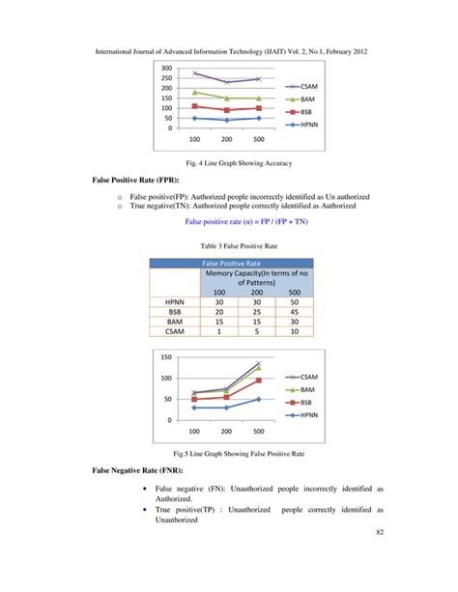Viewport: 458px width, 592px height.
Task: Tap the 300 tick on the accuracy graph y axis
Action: click(x=168, y=68)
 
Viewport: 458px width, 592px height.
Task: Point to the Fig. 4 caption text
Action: click(x=228, y=164)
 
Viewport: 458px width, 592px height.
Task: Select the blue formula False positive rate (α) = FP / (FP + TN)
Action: click(x=228, y=221)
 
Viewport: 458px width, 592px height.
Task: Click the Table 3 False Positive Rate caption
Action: click(x=228, y=246)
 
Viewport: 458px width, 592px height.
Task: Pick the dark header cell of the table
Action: click(x=228, y=262)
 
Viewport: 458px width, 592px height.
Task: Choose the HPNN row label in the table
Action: click(x=178, y=302)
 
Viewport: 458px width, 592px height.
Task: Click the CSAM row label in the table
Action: click(x=178, y=332)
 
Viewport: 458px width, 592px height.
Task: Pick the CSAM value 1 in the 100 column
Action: click(x=219, y=332)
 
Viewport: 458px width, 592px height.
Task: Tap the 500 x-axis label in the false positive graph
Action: click(x=257, y=431)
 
